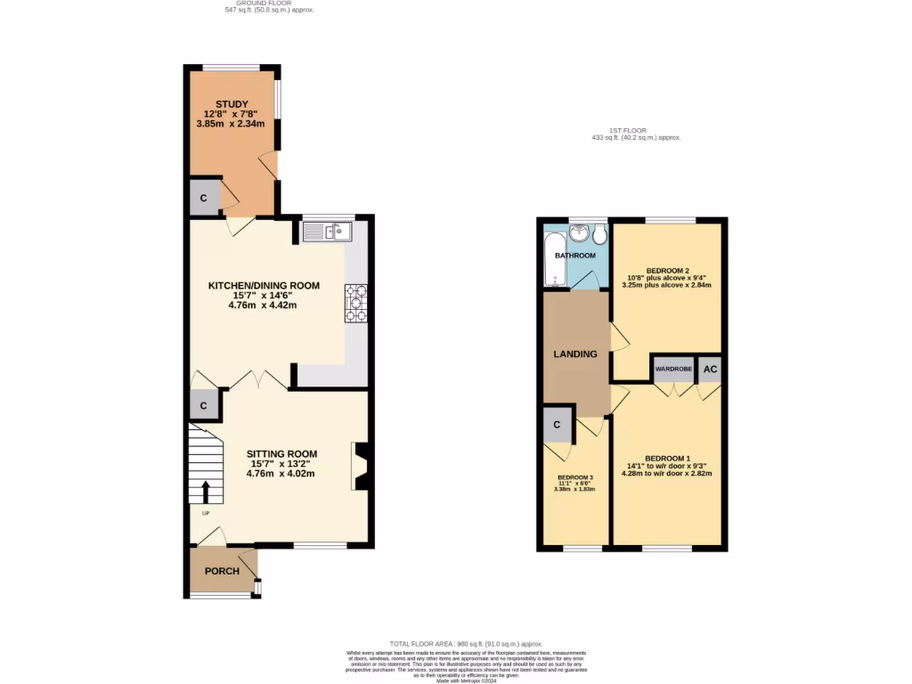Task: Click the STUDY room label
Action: (232, 104)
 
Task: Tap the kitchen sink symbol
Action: (328, 232)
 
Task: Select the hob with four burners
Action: (355, 303)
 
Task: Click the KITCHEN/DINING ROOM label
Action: (263, 286)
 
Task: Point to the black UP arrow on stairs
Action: (206, 492)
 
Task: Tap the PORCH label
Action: (222, 571)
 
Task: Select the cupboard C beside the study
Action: (203, 198)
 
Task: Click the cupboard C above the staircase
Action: (204, 405)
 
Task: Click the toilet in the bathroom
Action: (599, 234)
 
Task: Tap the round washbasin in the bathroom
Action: (580, 233)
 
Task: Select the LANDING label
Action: (575, 354)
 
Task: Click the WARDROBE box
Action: (674, 369)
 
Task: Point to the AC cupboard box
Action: (710, 369)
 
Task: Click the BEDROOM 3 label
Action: (574, 476)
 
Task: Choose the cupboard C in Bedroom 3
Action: (557, 425)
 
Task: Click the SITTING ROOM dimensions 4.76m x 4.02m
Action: (281, 473)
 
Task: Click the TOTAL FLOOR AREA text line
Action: (466, 643)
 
